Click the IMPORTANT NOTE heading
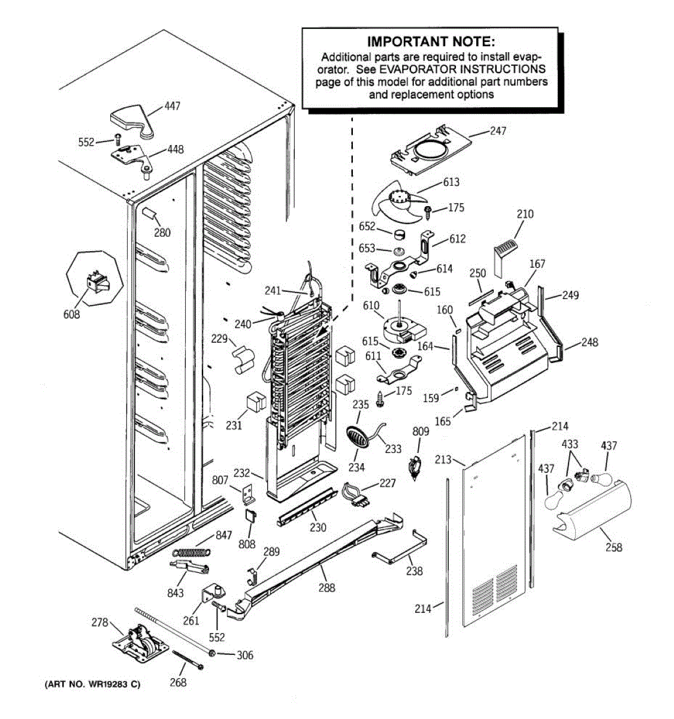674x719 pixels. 431,41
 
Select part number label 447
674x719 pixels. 172,106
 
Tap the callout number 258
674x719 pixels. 613,547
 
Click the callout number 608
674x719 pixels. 72,314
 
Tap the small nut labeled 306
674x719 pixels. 213,653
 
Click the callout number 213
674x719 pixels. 443,460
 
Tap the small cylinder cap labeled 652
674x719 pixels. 399,234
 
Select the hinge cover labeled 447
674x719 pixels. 132,122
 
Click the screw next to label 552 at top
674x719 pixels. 117,140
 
